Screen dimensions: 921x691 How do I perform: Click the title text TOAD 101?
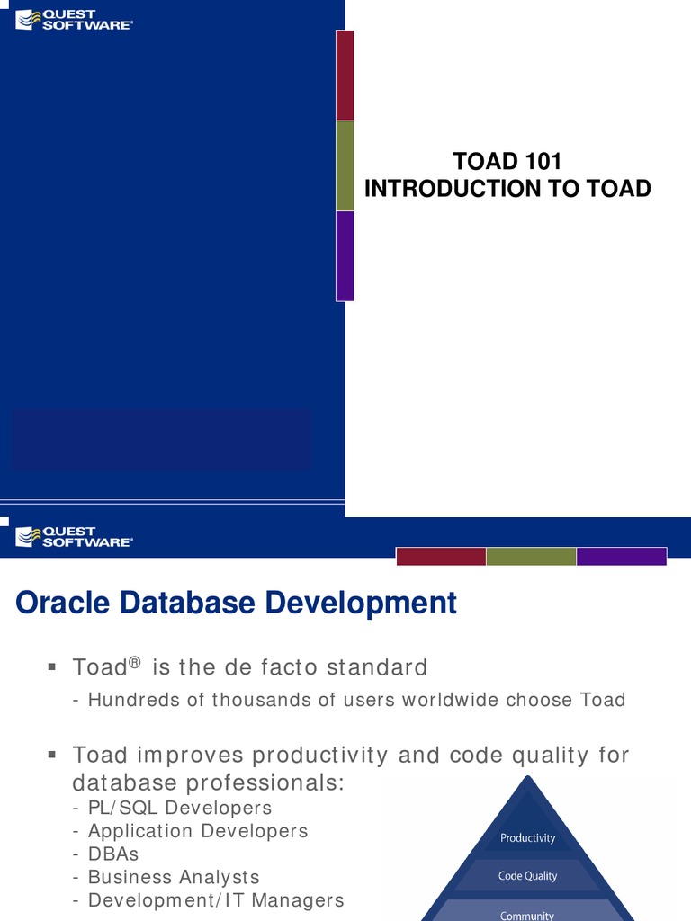click(507, 162)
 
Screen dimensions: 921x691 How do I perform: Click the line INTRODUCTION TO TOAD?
click(507, 189)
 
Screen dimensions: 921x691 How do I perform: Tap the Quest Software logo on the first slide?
click(75, 20)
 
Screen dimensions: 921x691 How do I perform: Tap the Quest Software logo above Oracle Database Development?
click(75, 537)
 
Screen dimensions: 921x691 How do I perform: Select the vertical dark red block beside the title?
click(345, 76)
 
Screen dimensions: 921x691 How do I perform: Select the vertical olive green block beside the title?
click(345, 165)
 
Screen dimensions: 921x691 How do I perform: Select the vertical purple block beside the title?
click(345, 255)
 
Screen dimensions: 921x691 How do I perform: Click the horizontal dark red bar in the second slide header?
click(441, 557)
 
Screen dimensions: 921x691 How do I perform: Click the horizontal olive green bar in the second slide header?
click(531, 557)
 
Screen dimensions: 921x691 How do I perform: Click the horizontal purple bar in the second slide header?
click(621, 557)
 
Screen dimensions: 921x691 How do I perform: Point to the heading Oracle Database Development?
click(237, 603)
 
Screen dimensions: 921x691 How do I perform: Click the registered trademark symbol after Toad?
click(135, 663)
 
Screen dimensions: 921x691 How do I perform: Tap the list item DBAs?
click(113, 854)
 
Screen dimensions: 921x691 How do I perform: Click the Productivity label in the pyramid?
click(528, 838)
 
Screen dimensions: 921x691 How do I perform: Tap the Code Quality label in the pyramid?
click(528, 876)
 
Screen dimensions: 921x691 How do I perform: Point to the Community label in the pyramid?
click(528, 915)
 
